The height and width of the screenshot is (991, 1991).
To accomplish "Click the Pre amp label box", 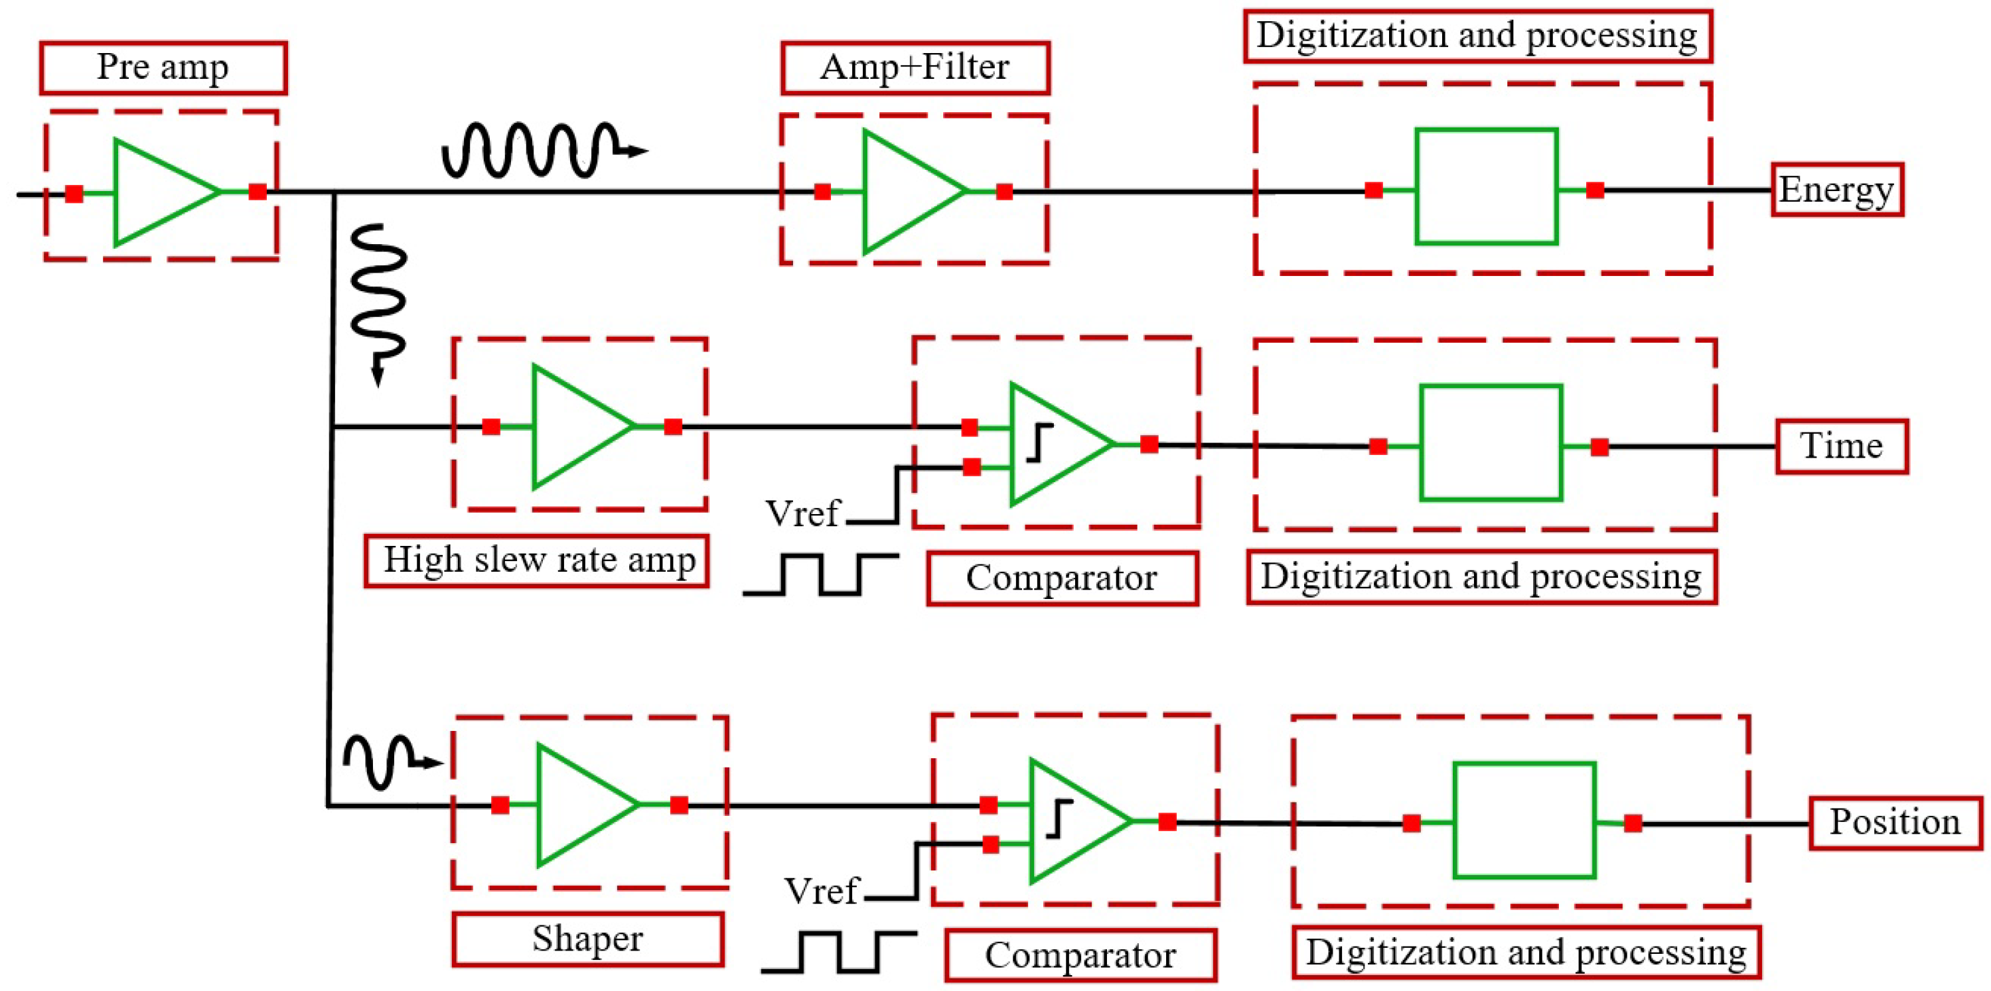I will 163,68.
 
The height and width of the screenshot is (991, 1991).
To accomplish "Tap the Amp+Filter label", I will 915,68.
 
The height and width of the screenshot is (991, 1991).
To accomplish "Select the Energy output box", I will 1836,189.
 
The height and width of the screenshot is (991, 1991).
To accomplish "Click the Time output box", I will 1841,446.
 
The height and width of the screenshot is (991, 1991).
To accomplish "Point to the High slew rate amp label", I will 537,561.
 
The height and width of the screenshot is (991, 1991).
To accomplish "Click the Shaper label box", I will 587,939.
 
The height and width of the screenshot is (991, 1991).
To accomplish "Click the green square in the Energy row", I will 1485,187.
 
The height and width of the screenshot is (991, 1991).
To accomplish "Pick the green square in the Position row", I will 1524,821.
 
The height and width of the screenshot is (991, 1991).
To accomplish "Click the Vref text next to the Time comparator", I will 802,513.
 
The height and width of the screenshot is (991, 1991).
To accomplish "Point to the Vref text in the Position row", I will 821,892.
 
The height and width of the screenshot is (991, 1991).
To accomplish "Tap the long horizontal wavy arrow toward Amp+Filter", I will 541,151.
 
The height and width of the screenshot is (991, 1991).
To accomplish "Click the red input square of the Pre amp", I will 74,193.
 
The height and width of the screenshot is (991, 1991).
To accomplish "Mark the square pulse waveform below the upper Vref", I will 821,573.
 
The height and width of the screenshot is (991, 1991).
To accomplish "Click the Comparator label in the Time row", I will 1062,578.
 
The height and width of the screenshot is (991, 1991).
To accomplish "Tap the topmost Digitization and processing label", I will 1477,36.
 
